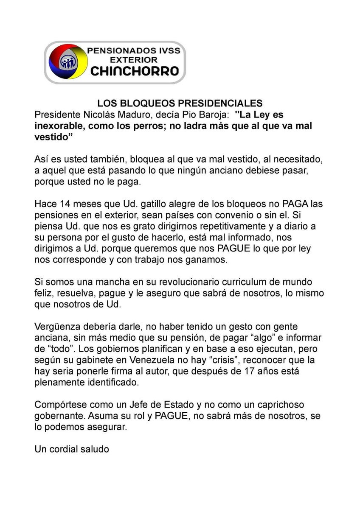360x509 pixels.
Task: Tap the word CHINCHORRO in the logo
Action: click(135, 71)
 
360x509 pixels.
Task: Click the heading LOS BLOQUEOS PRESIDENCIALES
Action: click(180, 103)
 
